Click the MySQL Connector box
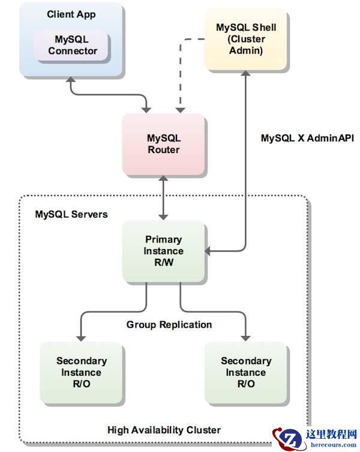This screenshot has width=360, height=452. (x=73, y=45)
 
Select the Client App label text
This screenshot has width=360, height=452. (x=71, y=14)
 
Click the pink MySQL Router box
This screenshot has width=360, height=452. (x=164, y=143)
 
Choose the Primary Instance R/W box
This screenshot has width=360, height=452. (x=163, y=251)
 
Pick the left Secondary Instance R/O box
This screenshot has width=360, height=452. (x=82, y=372)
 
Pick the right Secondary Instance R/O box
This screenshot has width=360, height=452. (x=245, y=372)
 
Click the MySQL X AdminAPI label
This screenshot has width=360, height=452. (x=307, y=137)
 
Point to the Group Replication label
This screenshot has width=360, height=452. (x=169, y=325)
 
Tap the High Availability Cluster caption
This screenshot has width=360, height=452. (x=164, y=430)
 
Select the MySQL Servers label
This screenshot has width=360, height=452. (x=71, y=214)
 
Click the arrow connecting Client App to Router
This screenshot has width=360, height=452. (x=108, y=94)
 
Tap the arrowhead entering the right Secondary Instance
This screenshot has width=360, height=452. (x=245, y=338)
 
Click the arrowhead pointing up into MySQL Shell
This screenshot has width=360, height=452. (x=245, y=73)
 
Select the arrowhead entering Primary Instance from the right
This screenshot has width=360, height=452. (x=209, y=250)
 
